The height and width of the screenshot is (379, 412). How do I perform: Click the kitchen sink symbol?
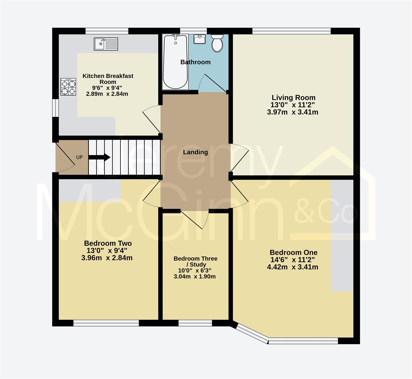[x=106, y=44]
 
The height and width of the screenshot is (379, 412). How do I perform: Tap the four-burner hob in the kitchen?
[x=68, y=87]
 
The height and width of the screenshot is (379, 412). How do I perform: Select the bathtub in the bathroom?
[x=175, y=61]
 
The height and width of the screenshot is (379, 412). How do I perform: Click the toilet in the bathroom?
[x=217, y=44]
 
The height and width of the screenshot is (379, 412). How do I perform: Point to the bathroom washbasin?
[x=200, y=39]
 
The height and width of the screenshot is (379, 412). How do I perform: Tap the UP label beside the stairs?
[x=79, y=157]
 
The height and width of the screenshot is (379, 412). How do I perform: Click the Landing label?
[x=195, y=152]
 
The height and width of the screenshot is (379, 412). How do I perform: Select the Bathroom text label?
[x=195, y=62]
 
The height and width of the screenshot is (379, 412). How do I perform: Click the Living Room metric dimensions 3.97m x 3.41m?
[x=292, y=112]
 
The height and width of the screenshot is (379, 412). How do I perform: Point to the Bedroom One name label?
[x=293, y=252]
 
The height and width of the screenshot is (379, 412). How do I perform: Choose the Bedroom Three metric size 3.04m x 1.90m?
[x=195, y=277]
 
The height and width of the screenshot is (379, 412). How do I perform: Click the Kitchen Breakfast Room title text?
[x=108, y=79]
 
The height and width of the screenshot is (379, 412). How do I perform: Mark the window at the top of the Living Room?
[x=291, y=31]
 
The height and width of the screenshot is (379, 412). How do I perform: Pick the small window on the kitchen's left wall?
[x=55, y=107]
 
